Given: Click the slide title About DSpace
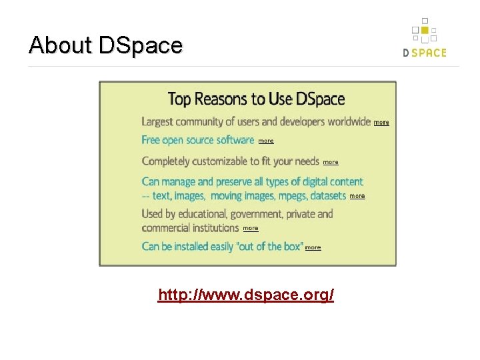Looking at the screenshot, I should pos(105,45).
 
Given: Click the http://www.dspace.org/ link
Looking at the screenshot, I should pos(245,295).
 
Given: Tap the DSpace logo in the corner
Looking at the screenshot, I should pos(424,39).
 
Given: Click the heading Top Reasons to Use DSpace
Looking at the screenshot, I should pos(256,99).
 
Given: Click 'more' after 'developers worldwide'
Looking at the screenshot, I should pos(381,123).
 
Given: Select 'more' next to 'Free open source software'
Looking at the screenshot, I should pos(266,141).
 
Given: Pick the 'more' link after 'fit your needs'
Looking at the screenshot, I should pos(331,162).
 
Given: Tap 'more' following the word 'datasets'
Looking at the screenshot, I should pos(357,196).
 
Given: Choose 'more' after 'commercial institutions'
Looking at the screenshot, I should pos(251,228).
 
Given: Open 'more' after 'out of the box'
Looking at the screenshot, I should pos(313,247).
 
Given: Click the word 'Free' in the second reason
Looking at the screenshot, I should pos(151,140).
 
